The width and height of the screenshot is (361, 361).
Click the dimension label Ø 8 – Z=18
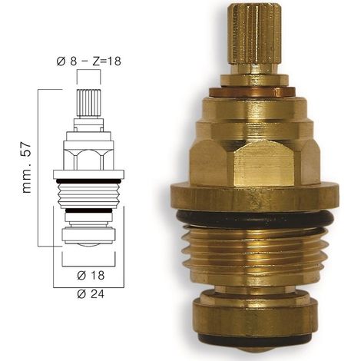tap(88, 61)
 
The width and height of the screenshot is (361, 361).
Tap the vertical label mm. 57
tap(27, 168)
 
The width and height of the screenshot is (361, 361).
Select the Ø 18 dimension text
tap(91, 276)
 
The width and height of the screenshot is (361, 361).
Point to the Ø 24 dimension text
tap(91, 294)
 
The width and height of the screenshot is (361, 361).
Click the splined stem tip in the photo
tap(254, 34)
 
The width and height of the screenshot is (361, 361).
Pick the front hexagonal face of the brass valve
tap(263, 164)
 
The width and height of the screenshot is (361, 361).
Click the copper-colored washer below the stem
tap(252, 92)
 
